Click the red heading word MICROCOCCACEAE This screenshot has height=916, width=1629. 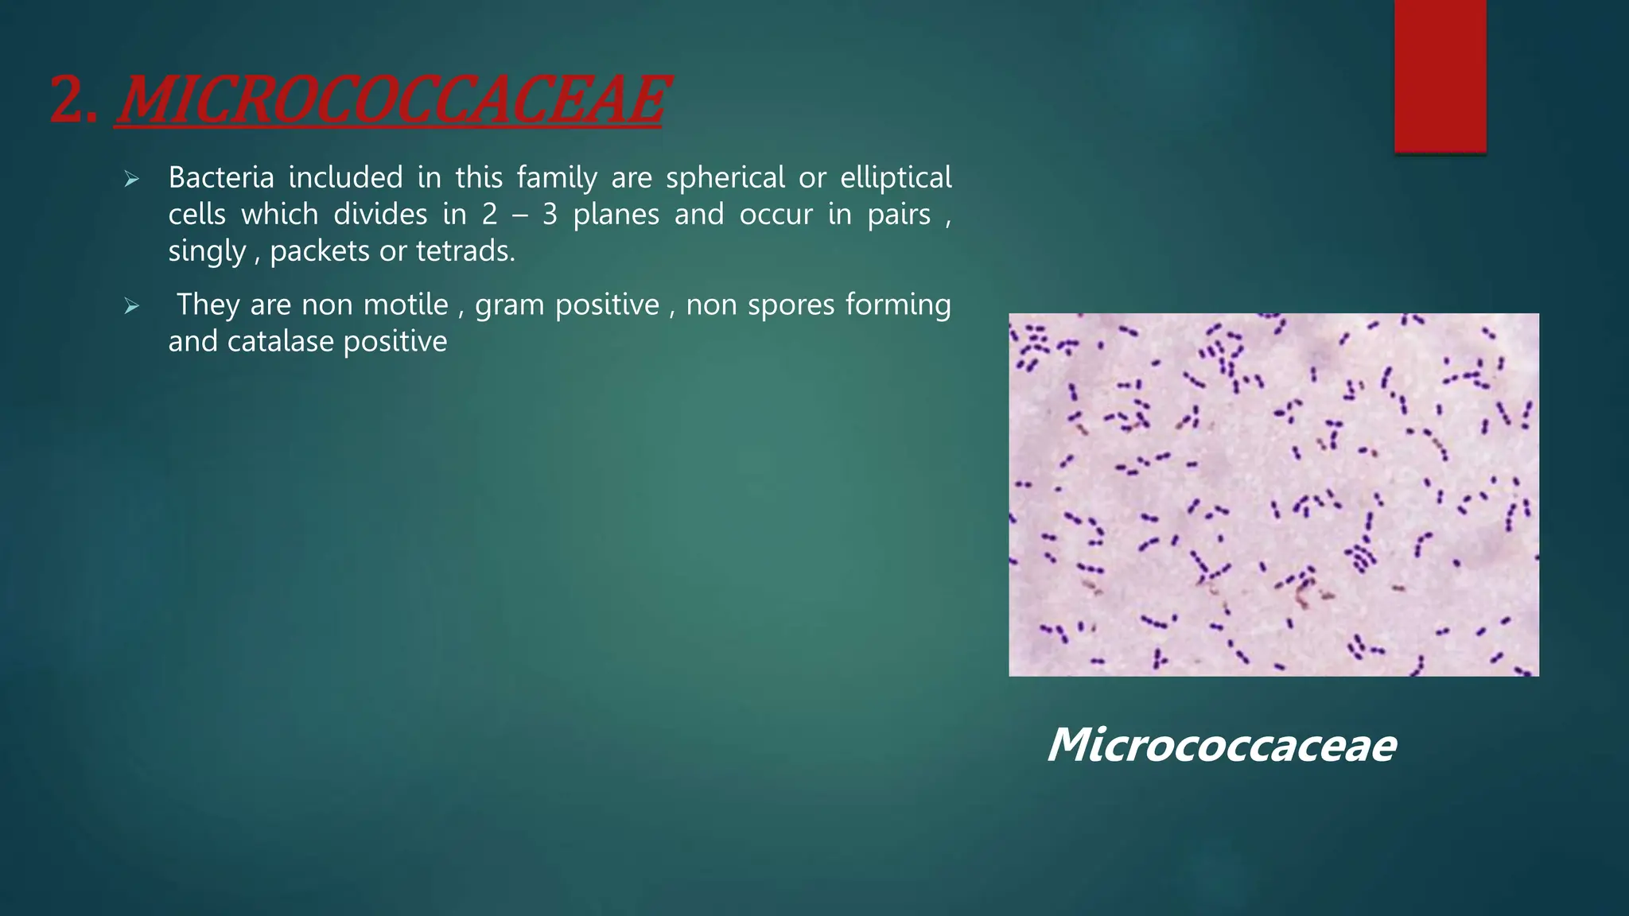click(x=391, y=101)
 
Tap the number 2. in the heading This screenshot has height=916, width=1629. click(x=73, y=101)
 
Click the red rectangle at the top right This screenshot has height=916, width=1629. click(x=1440, y=76)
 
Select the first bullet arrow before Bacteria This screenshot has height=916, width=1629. click(x=132, y=180)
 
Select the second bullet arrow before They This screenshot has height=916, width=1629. click(x=132, y=307)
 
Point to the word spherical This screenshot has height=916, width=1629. click(x=725, y=177)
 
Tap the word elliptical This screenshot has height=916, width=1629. click(x=896, y=177)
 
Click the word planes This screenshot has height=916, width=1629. click(x=616, y=215)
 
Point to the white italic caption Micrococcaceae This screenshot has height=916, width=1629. click(x=1222, y=745)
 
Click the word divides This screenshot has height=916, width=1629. click(x=380, y=215)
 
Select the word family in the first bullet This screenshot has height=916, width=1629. click(x=556, y=178)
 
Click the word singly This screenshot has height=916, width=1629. click(x=207, y=252)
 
